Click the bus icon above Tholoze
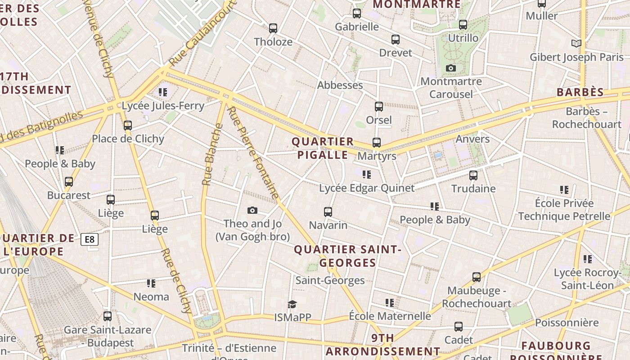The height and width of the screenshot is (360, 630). [273, 28]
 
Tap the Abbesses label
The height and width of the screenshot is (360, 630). [340, 85]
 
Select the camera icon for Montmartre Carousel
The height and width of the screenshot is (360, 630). [450, 68]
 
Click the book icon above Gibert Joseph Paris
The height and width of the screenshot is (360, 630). [576, 43]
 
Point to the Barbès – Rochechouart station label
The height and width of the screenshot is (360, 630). [586, 118]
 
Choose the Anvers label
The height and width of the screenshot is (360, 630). [472, 139]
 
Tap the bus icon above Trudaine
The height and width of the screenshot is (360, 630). [473, 175]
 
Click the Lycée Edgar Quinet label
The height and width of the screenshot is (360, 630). [366, 188]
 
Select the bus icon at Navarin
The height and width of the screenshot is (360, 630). [328, 212]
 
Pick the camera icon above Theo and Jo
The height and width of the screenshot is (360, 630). [252, 210]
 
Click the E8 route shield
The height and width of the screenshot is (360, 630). [90, 239]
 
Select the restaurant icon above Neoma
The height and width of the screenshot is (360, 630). [151, 283]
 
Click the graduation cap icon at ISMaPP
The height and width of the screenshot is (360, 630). [292, 305]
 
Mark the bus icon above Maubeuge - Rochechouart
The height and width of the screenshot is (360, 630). [477, 277]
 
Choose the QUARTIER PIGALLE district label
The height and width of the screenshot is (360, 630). [322, 148]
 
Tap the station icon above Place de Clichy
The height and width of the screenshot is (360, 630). [128, 126]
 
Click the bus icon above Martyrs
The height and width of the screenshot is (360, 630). [377, 143]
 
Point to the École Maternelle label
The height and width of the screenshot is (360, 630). [390, 316]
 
